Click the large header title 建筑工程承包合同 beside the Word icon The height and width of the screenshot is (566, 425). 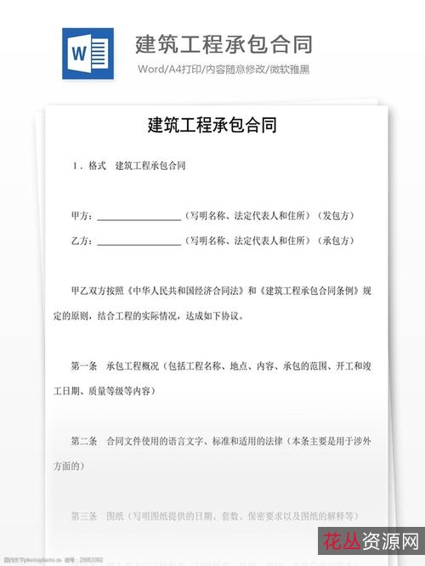click(x=223, y=43)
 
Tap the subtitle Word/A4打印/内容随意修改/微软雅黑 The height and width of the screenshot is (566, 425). click(x=224, y=69)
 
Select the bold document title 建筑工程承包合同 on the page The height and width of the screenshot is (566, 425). click(x=212, y=125)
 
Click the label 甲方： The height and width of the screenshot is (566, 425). click(x=82, y=216)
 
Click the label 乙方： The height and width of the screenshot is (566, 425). click(x=82, y=241)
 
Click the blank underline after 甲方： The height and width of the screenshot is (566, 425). click(x=139, y=218)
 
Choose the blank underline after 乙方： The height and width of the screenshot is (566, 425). click(x=139, y=243)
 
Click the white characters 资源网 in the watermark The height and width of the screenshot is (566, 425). click(x=388, y=541)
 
